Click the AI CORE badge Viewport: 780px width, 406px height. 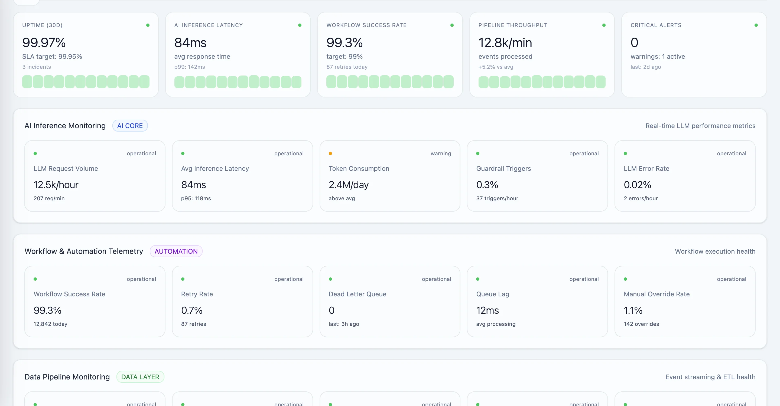click(130, 126)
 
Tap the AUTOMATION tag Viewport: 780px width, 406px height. click(176, 251)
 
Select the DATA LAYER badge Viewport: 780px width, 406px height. click(140, 377)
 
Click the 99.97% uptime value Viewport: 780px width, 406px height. click(44, 42)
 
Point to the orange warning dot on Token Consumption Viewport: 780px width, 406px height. click(330, 153)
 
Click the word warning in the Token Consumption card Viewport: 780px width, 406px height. click(441, 153)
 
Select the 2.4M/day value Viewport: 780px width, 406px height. click(349, 185)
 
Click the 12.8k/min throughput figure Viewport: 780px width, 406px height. click(505, 42)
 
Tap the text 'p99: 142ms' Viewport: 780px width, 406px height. click(190, 67)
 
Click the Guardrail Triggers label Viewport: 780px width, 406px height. click(503, 169)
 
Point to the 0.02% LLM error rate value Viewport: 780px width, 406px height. click(637, 185)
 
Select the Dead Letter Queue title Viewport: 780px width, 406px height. click(357, 294)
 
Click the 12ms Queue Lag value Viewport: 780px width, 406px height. click(487, 310)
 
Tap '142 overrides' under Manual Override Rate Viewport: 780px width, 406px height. click(641, 324)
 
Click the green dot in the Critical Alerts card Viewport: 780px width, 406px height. click(756, 25)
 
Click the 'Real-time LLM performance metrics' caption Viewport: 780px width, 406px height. click(700, 126)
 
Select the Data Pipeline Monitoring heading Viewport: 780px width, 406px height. click(67, 377)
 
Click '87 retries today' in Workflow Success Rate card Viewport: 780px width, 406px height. click(347, 67)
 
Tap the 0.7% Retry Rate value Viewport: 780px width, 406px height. click(192, 310)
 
